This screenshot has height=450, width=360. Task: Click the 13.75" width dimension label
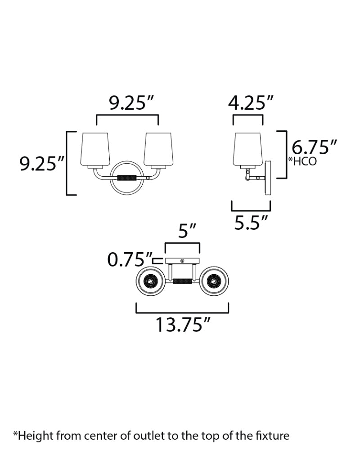pyautogui.click(x=183, y=325)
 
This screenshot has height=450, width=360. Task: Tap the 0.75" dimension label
pyautogui.click(x=129, y=259)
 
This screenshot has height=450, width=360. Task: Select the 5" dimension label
pyautogui.click(x=187, y=231)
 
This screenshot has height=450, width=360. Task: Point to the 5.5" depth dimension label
pyautogui.click(x=251, y=222)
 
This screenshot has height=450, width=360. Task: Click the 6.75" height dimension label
pyautogui.click(x=314, y=147)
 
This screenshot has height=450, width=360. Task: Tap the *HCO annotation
pyautogui.click(x=302, y=161)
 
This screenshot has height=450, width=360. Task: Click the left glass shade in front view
pyautogui.click(x=95, y=149)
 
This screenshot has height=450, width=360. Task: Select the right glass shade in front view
pyautogui.click(x=158, y=149)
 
